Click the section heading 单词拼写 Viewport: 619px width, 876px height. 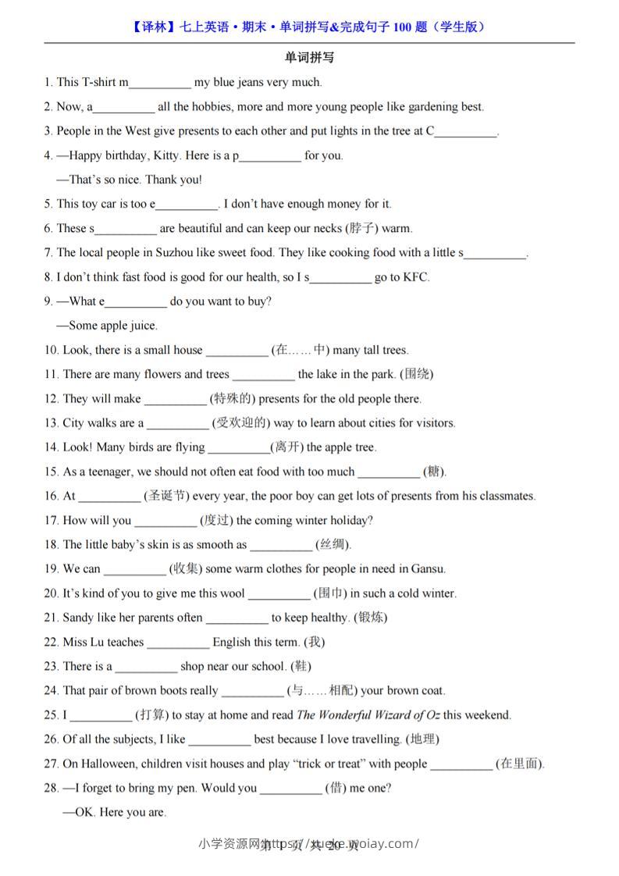309,58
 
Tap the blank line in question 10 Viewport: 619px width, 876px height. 236,351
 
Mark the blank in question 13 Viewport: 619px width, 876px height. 178,423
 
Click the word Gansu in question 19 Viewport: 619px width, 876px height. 428,568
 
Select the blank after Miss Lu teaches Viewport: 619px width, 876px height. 178,643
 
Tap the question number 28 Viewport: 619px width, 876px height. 52,788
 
